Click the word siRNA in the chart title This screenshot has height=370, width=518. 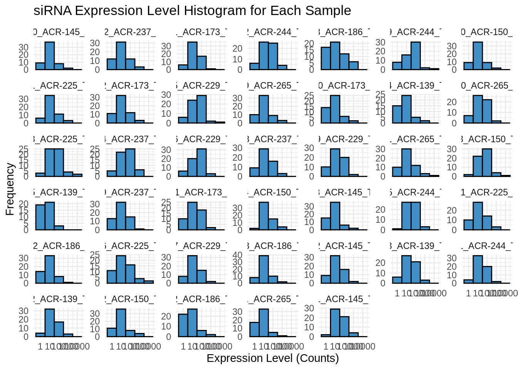click(53, 11)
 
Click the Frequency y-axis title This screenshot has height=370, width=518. click(10, 189)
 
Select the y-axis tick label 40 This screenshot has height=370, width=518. click(237, 255)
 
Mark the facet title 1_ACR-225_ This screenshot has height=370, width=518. click(487, 192)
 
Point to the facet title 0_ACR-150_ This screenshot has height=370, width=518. click(487, 32)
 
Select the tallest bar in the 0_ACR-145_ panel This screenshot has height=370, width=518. click(50, 56)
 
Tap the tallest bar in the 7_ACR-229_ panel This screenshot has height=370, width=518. click(192, 269)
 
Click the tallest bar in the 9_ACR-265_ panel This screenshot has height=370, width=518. click(264, 109)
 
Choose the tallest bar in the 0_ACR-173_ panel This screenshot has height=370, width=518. click(335, 109)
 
